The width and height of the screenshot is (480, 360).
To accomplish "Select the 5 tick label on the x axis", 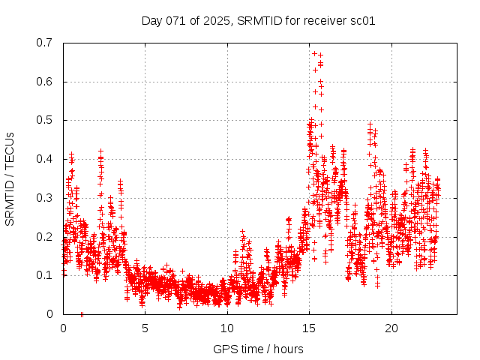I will (145, 328).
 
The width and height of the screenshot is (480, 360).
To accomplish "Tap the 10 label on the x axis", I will (227, 328).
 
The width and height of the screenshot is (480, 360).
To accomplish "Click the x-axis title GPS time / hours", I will (258, 349).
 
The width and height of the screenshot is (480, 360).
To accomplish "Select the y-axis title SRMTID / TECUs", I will (10, 178).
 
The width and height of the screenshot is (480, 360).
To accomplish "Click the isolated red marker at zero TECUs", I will (82, 313).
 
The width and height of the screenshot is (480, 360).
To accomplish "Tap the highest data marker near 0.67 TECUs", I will (315, 53).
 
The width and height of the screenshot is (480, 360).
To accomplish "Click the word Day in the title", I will (152, 20).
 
